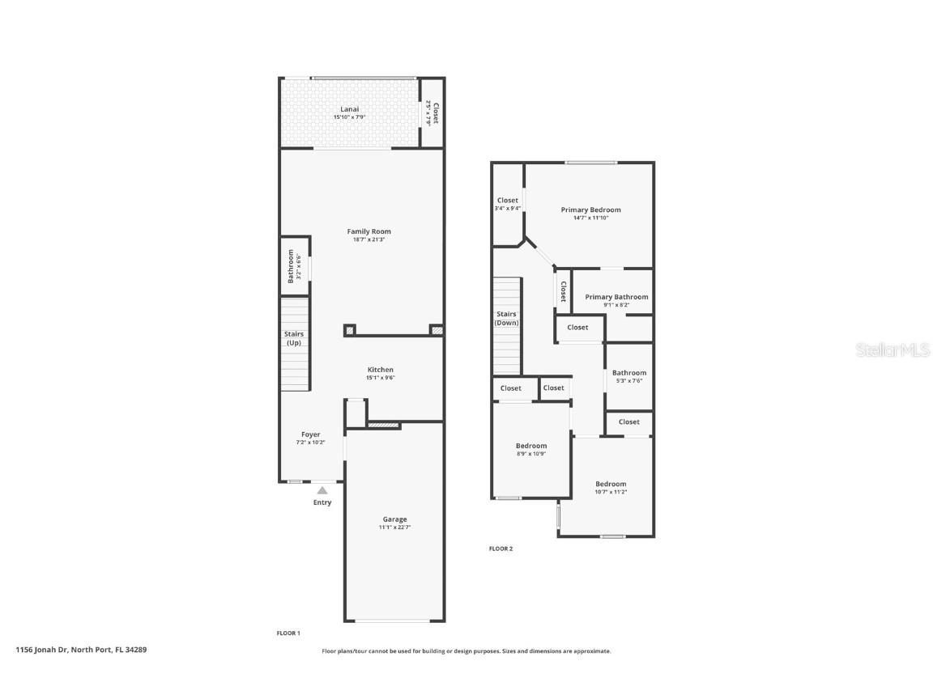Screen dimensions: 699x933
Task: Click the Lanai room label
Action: tap(349, 109)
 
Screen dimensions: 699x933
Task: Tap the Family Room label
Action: tap(369, 231)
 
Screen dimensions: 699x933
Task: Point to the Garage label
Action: tap(394, 519)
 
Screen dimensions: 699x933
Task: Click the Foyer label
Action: tap(311, 434)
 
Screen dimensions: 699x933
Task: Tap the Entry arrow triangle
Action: tap(322, 489)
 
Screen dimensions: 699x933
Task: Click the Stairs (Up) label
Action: tap(293, 338)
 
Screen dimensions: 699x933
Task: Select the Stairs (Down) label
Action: tap(506, 318)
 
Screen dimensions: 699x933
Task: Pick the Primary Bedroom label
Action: tap(590, 210)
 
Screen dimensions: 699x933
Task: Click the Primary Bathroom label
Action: tap(616, 297)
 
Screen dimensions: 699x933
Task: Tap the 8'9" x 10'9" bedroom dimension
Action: tap(531, 454)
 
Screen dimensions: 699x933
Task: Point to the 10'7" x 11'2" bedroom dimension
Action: tap(611, 492)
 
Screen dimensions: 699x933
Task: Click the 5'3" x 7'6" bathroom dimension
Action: tap(629, 381)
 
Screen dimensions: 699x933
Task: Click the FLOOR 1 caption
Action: tap(288, 633)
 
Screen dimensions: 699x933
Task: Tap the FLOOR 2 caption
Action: tap(501, 549)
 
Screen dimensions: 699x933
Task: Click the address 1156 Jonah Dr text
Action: tap(81, 649)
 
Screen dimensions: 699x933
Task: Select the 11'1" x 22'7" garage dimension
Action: tap(394, 527)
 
